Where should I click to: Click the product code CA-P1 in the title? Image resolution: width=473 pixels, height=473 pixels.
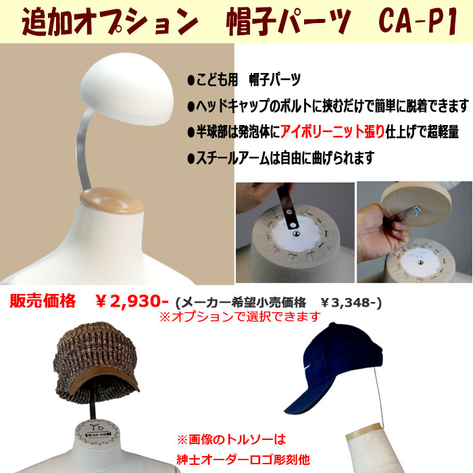click(418, 22)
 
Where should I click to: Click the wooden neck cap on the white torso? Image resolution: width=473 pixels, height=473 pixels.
click(112, 200)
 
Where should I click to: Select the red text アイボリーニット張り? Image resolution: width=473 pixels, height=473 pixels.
click(332, 132)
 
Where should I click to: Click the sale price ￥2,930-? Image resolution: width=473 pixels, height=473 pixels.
click(132, 301)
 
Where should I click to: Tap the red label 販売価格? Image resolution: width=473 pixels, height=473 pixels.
click(43, 301)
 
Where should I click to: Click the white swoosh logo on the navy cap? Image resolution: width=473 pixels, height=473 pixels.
click(308, 367)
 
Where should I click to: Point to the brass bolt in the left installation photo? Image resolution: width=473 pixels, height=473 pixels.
click(296, 233)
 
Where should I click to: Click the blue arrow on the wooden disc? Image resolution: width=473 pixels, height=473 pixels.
click(417, 210)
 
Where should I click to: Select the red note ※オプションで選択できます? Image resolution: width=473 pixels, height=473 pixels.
click(240, 317)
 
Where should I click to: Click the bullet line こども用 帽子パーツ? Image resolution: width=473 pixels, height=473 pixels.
click(244, 80)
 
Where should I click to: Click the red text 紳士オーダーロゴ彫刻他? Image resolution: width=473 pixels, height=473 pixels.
click(243, 459)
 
